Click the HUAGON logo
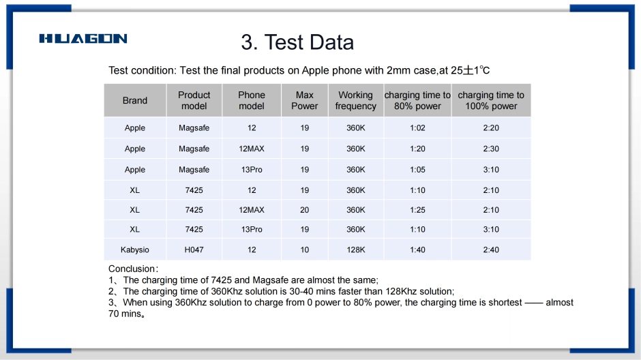83,38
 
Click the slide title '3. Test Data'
297,42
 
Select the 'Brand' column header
135,100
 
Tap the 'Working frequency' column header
356,100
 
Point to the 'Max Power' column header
305,100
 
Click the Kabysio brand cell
135,250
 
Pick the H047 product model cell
194,250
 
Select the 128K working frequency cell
356,250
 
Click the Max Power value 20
305,209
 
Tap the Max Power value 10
305,250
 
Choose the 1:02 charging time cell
417,128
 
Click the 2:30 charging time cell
491,149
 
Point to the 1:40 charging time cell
417,250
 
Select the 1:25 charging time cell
417,209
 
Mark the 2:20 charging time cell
491,128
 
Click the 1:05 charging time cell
417,170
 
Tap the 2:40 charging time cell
491,250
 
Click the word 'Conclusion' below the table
132,269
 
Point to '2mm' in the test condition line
399,70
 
